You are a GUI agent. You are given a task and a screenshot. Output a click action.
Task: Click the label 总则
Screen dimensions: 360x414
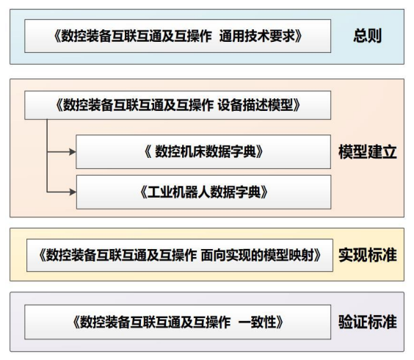pyautogui.click(x=368, y=36)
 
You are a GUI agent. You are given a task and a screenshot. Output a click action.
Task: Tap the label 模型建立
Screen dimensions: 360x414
pyautogui.click(x=367, y=152)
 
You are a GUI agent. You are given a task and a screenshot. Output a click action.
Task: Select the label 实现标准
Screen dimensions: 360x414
pyautogui.click(x=367, y=255)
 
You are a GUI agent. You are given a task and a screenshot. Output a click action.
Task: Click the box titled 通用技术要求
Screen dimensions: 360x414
pyautogui.click(x=178, y=36)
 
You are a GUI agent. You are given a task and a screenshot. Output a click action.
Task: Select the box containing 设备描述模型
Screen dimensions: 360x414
pyautogui.click(x=178, y=106)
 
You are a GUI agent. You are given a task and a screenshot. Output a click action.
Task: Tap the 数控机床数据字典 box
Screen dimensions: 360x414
pyautogui.click(x=203, y=152)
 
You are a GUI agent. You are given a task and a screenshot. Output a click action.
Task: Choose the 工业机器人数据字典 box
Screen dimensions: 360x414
pyautogui.click(x=203, y=192)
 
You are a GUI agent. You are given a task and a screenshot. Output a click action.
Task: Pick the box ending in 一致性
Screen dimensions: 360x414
pyautogui.click(x=178, y=322)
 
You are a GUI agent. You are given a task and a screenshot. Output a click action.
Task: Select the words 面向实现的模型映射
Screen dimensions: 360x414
pyautogui.click(x=260, y=255)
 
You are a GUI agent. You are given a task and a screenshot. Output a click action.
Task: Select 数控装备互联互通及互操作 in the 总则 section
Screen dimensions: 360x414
pyautogui.click(x=131, y=36)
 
